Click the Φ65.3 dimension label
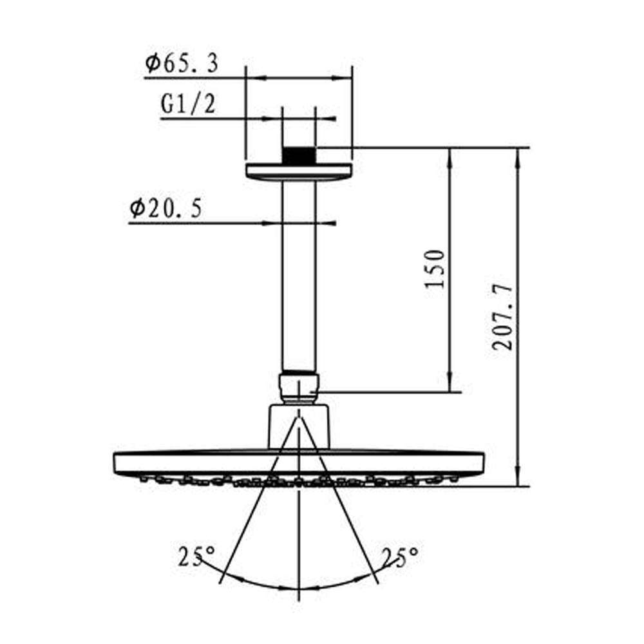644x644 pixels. tap(181, 64)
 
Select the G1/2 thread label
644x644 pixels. tap(188, 104)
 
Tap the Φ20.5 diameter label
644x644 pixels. tap(166, 208)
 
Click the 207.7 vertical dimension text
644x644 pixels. tap(503, 316)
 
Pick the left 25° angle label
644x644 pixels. tap(196, 556)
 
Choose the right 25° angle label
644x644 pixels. tap(400, 556)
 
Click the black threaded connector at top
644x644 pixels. tap(299, 156)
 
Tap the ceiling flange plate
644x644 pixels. tap(299, 172)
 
